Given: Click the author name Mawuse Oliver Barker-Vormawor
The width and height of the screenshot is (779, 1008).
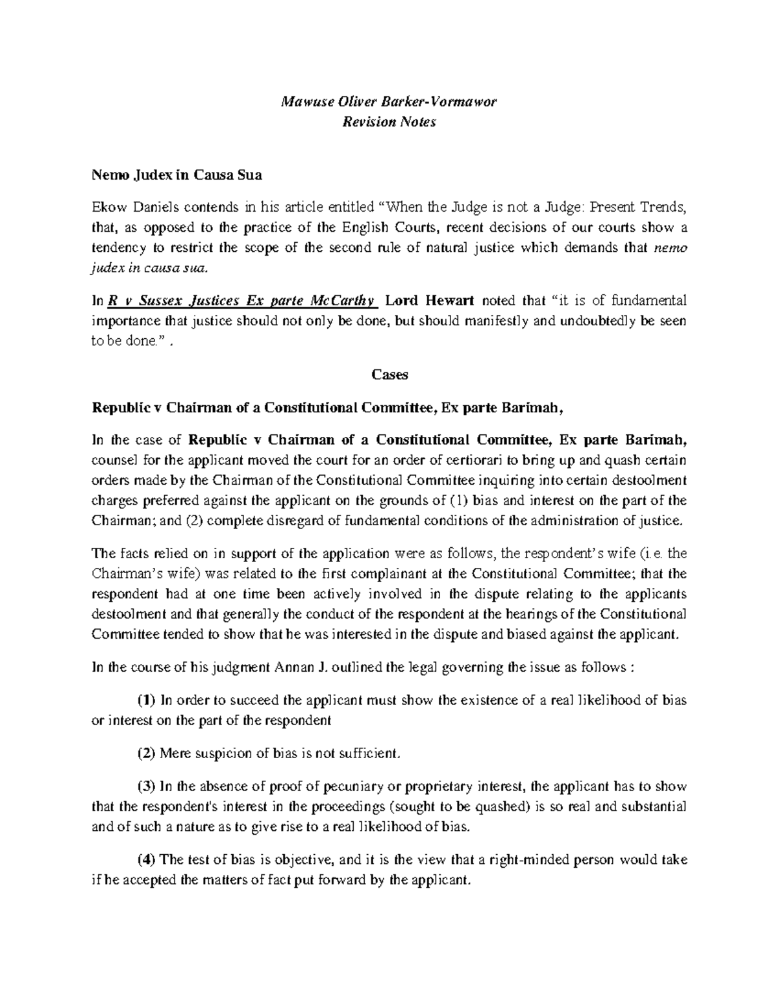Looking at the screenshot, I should click(389, 102).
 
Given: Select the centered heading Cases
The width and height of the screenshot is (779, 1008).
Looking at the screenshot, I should click(389, 375).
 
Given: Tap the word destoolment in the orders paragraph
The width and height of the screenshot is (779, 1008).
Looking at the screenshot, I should click(650, 480).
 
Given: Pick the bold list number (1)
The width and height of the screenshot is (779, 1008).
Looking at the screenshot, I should click(146, 700).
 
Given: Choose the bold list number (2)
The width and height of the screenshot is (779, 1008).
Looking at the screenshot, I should click(146, 754).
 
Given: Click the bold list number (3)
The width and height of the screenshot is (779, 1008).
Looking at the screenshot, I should click(146, 787).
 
